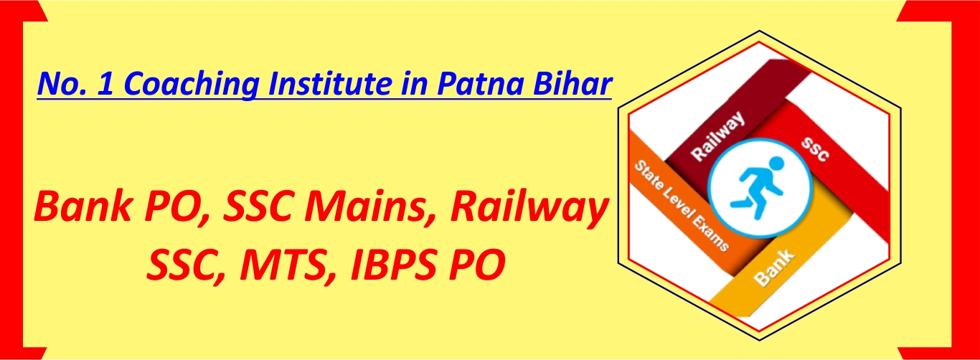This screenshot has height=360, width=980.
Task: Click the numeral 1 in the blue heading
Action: [x=105, y=83]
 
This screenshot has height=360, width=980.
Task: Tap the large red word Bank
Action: [x=83, y=207]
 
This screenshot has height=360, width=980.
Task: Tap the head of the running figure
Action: [x=776, y=164]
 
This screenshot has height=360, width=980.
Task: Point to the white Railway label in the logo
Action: [x=717, y=136]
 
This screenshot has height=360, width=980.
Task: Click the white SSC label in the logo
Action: [x=814, y=150]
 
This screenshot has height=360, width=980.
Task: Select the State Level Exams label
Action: [x=682, y=206]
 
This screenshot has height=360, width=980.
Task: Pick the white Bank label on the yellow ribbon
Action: [x=773, y=267]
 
